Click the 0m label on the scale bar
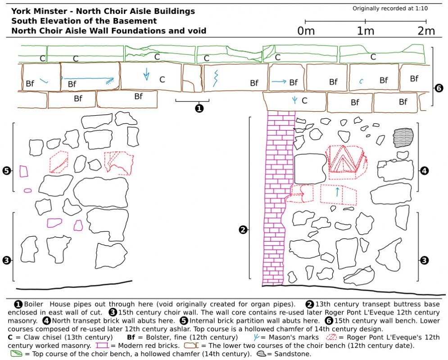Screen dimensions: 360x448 [x=306, y=31]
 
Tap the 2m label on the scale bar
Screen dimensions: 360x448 [x=425, y=31]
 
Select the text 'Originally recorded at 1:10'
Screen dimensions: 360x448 [x=390, y=9]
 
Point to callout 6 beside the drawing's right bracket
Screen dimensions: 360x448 [x=439, y=89]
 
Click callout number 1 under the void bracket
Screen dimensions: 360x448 [x=199, y=108]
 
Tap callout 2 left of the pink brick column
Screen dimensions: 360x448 [x=243, y=229]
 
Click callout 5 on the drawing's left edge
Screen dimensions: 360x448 [x=6, y=171]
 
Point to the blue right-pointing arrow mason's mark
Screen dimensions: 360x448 [x=279, y=81]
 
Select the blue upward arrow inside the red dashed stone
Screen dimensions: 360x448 [x=337, y=192]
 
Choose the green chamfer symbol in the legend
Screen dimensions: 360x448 [x=16, y=354]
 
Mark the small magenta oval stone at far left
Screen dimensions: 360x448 [x=28, y=190]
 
